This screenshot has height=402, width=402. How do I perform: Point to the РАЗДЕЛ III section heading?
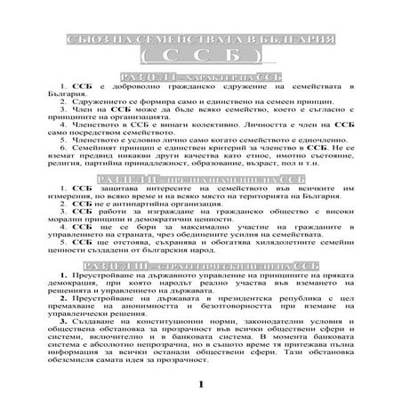point(200,267)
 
